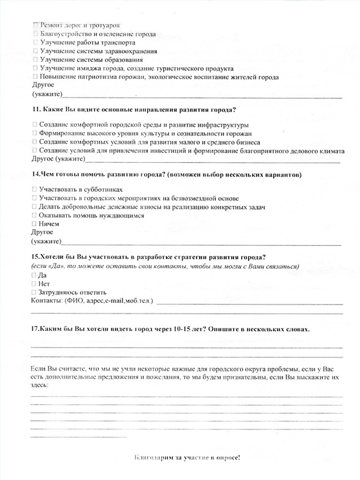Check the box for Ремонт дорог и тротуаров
[35, 25]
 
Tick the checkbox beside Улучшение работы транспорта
[35, 42]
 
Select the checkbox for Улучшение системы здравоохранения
[35, 51]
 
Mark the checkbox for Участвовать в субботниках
[35, 189]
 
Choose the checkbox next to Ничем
[35, 224]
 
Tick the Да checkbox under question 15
[35, 275]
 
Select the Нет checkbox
[35, 284]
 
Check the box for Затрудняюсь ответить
[35, 292]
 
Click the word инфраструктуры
[218, 125]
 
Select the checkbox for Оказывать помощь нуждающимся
[35, 215]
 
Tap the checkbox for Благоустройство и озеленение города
[35, 34]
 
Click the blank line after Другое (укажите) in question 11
[213, 161]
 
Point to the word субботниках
[106, 189]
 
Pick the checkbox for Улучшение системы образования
[35, 60]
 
